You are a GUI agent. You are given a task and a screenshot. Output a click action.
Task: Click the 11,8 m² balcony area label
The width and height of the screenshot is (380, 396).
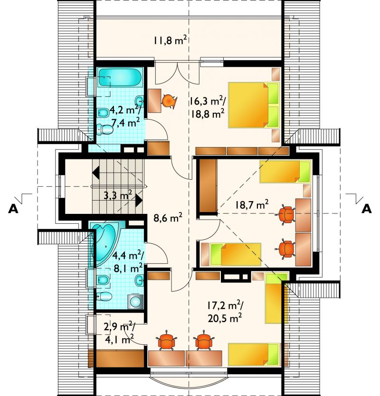(170, 40)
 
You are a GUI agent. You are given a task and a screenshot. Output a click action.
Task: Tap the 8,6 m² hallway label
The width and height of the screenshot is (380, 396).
(168, 217)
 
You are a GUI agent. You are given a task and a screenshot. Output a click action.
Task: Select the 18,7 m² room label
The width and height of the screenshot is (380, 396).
(252, 204)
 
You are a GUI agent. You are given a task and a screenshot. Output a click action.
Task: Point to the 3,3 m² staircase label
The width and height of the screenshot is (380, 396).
(118, 195)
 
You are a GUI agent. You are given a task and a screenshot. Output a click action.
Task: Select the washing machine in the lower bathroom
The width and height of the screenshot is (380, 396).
(136, 301)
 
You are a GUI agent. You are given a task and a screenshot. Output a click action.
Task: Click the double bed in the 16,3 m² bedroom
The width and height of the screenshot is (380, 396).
(254, 105)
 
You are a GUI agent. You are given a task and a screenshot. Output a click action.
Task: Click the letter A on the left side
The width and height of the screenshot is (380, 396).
(13, 209)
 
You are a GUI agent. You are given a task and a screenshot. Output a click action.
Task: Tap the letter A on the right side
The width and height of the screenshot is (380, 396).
(367, 209)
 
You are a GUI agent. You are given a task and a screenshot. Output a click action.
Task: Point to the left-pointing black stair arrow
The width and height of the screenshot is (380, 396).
(95, 173)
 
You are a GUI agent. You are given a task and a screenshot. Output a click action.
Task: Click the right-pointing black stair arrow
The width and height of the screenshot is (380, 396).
(139, 201)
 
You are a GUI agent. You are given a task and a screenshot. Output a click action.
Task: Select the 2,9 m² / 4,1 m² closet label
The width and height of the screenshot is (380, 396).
(119, 333)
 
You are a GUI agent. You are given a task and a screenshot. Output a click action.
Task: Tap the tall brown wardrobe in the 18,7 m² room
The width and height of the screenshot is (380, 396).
(208, 185)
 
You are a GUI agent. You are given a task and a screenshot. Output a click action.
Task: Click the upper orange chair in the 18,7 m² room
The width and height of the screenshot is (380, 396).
(286, 214)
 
